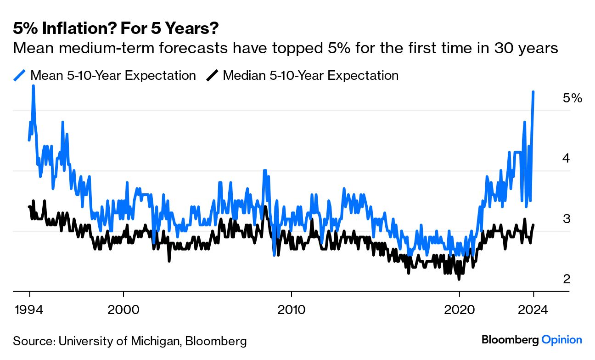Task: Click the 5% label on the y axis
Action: tap(572, 98)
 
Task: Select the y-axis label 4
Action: tap(567, 158)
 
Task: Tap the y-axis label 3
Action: tap(567, 219)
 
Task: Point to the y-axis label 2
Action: tap(567, 279)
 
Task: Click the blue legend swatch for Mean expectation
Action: tap(20, 75)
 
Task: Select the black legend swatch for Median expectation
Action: tap(212, 75)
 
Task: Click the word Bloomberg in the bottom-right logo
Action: tap(510, 340)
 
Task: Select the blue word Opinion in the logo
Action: tap(561, 340)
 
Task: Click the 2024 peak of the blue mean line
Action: tap(533, 92)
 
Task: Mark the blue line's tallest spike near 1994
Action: tap(34, 86)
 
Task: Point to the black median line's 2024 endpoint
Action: tap(533, 225)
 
